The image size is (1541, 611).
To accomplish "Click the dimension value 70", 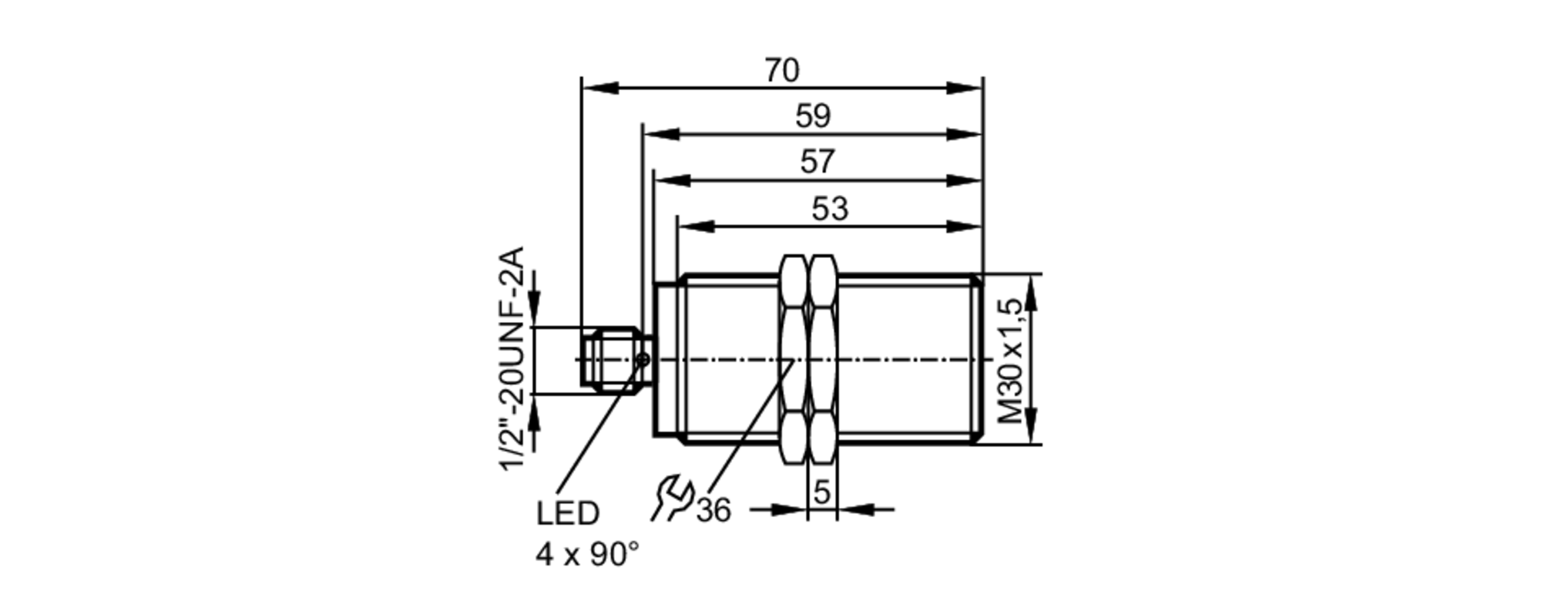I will pos(782,71).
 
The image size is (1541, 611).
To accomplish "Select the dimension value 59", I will pos(813,117).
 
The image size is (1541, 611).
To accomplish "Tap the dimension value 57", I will pos(817,163).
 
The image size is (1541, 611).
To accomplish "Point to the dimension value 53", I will pos(830,209).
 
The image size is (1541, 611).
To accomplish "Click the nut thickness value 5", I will pos(822,492).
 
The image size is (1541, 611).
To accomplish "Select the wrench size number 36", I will pos(713,510).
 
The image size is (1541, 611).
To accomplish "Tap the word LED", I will pos(568,514).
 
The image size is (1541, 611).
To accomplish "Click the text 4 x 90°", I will pos(587,555).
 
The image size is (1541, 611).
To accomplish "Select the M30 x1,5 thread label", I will pos(1014,360).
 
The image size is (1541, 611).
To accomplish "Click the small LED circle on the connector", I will pos(643,359).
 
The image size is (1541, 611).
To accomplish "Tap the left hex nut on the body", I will pos(794,359).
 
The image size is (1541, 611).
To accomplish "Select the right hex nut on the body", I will pos(823,359).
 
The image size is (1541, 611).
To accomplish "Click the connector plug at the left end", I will pos(609,359).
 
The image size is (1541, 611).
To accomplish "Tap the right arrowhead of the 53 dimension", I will pos(965,226).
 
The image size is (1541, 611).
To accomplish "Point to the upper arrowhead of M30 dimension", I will pos(1032,293).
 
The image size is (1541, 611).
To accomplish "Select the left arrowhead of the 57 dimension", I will pos(672,180).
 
